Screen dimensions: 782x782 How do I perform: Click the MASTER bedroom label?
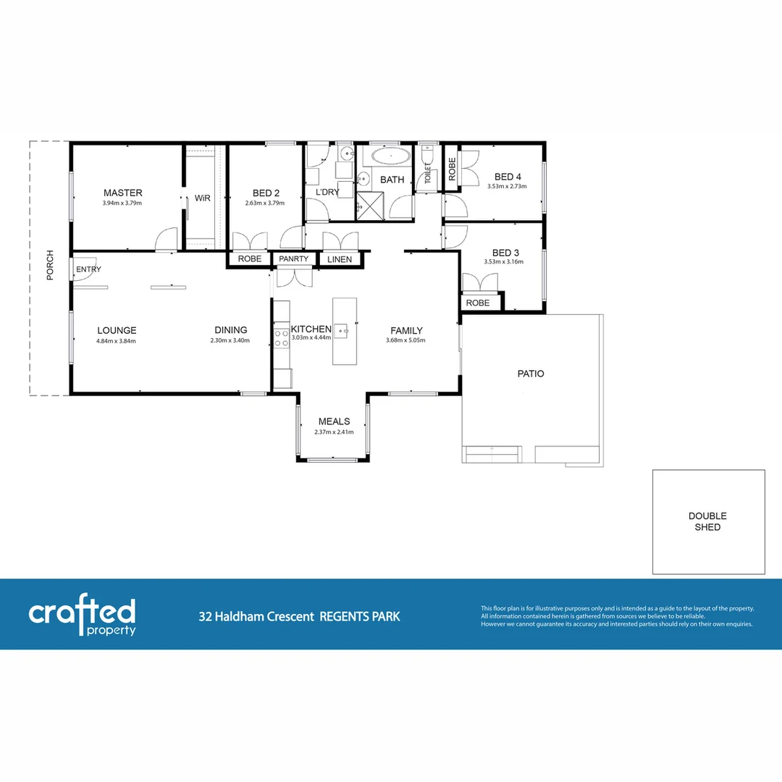pyautogui.click(x=122, y=193)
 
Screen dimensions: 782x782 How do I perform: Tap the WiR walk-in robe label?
pyautogui.click(x=202, y=198)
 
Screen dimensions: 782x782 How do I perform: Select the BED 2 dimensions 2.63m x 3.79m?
pyautogui.click(x=264, y=203)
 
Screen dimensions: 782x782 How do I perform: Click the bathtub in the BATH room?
pyautogui.click(x=390, y=157)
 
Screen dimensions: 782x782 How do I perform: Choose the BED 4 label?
pyautogui.click(x=508, y=177)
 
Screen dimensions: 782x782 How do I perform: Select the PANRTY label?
pyautogui.click(x=294, y=259)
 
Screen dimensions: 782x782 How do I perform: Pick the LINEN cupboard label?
pyautogui.click(x=340, y=259)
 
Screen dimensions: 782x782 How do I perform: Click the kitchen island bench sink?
pyautogui.click(x=344, y=332)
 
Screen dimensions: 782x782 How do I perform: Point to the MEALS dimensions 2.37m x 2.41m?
pyautogui.click(x=334, y=432)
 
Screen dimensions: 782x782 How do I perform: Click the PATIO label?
pyautogui.click(x=531, y=374)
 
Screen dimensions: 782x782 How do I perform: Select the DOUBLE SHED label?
pyautogui.click(x=707, y=521)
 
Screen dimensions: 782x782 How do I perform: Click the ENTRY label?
pyautogui.click(x=89, y=269)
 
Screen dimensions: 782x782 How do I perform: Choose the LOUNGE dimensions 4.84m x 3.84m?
pyautogui.click(x=117, y=341)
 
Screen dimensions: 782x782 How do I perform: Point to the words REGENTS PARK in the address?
pyautogui.click(x=360, y=617)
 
